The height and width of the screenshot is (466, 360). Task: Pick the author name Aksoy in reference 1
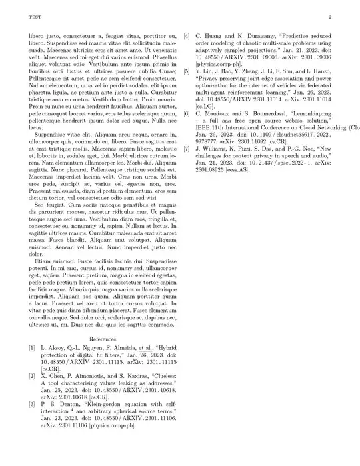53,348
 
